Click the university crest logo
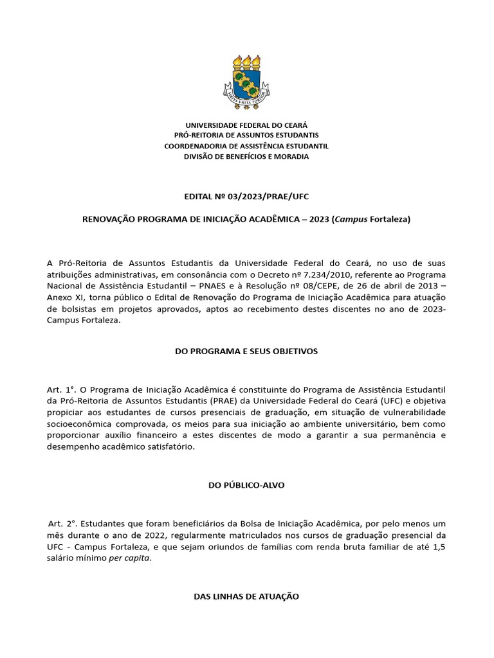[x=246, y=80]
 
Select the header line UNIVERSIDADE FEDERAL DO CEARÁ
[x=246, y=125]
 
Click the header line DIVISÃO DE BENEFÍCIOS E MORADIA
[x=246, y=157]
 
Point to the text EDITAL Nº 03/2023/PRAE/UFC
[x=246, y=196]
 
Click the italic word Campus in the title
[x=351, y=219]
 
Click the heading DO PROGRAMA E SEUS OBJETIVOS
[x=246, y=351]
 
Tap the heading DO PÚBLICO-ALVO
[x=246, y=485]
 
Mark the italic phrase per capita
[x=131, y=557]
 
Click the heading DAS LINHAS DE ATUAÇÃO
[x=246, y=596]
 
